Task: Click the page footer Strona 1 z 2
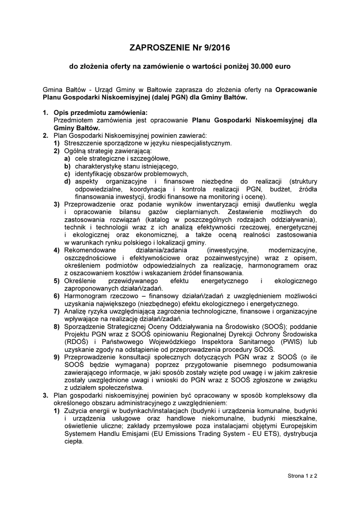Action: pyautogui.click(x=302, y=476)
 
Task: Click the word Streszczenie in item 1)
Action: pyautogui.click(x=83, y=143)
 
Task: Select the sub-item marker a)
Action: pyautogui.click(x=67, y=158)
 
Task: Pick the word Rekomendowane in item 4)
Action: pyautogui.click(x=90, y=250)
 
